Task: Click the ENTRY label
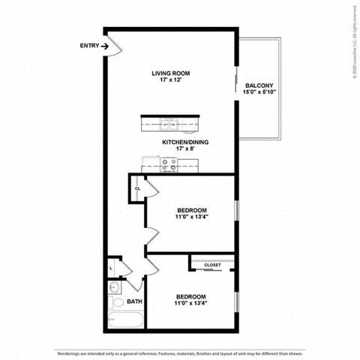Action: tap(88, 46)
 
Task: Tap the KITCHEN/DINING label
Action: tap(185, 141)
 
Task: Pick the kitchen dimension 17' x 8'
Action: tap(184, 149)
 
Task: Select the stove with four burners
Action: tap(169, 163)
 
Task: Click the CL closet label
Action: tap(137, 188)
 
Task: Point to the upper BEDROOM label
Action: tap(192, 210)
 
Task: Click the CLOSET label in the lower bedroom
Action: tap(212, 265)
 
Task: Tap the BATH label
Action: tap(134, 301)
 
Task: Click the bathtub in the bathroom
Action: tap(124, 321)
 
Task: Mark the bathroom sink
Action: tap(114, 286)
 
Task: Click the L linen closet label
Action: tap(111, 267)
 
